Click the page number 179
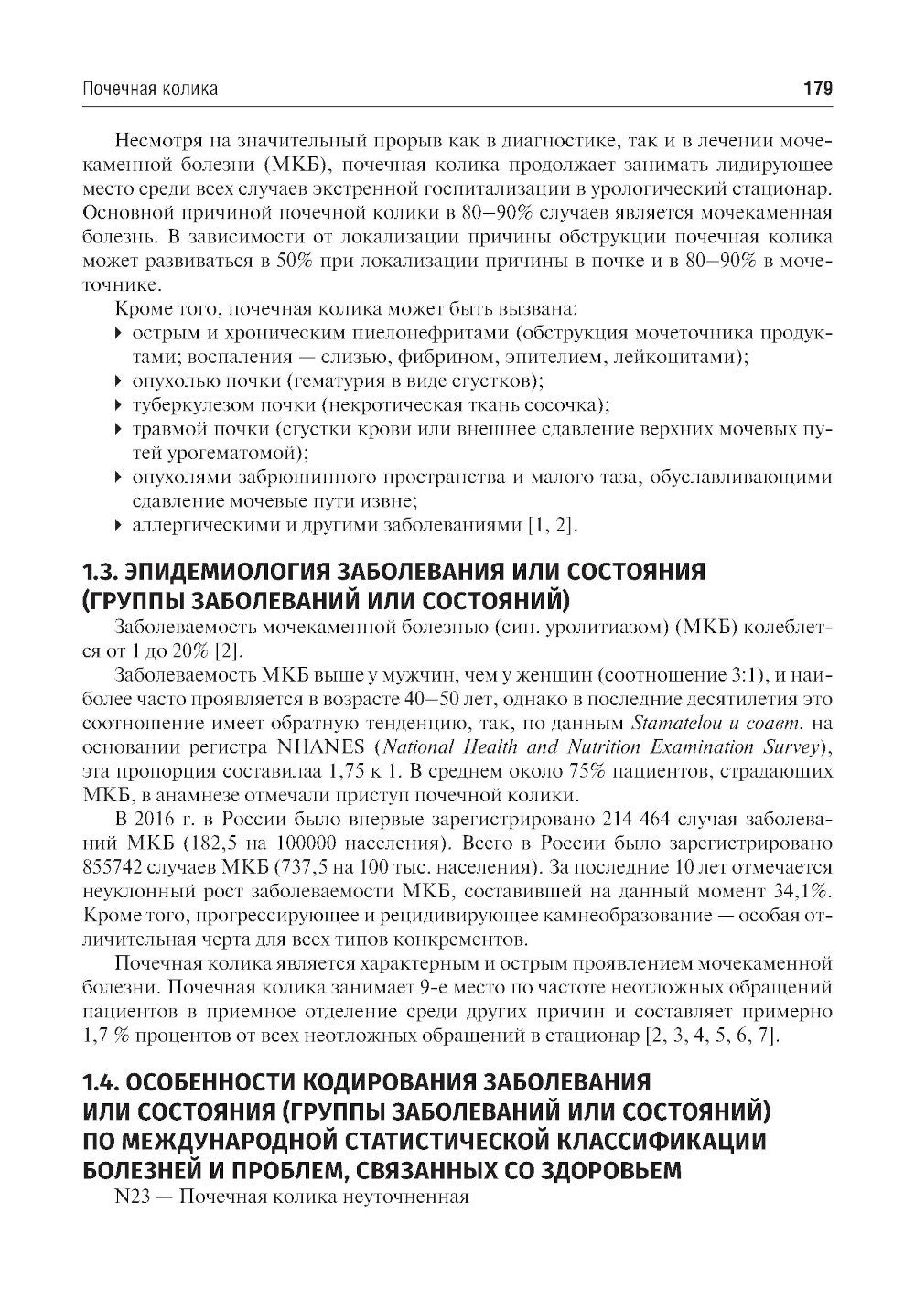coord(816,89)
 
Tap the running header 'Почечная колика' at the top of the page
coord(150,89)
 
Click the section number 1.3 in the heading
coord(97,572)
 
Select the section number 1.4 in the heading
coord(98,1082)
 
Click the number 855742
coord(117,866)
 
